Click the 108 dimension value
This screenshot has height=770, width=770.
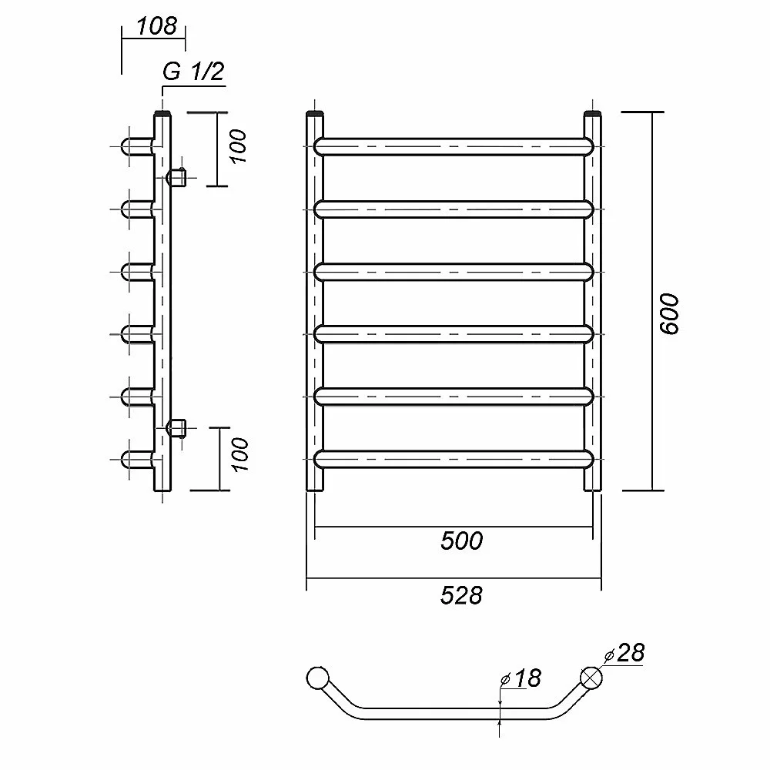pos(156,26)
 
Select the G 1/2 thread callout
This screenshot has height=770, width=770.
pos(193,72)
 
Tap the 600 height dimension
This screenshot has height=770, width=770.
pos(669,314)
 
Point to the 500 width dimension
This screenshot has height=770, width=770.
pos(461,541)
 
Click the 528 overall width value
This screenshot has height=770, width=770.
pos(461,595)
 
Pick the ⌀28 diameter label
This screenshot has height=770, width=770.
pos(624,653)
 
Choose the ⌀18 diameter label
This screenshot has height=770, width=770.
pos(521,678)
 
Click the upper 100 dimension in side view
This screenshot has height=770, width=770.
pos(237,146)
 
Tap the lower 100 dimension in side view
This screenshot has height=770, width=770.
pos(240,455)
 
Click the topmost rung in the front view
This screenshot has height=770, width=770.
pos(454,147)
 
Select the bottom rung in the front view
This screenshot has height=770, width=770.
pos(454,459)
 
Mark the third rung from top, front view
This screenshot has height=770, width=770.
pos(454,272)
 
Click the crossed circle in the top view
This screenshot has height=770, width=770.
pos(591,678)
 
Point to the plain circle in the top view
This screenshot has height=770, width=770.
pos(317,678)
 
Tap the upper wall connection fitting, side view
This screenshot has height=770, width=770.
pos(176,177)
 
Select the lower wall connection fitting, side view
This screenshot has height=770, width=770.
pos(176,428)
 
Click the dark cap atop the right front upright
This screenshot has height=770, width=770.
pos(593,115)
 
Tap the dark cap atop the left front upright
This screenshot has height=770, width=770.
pos(315,115)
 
